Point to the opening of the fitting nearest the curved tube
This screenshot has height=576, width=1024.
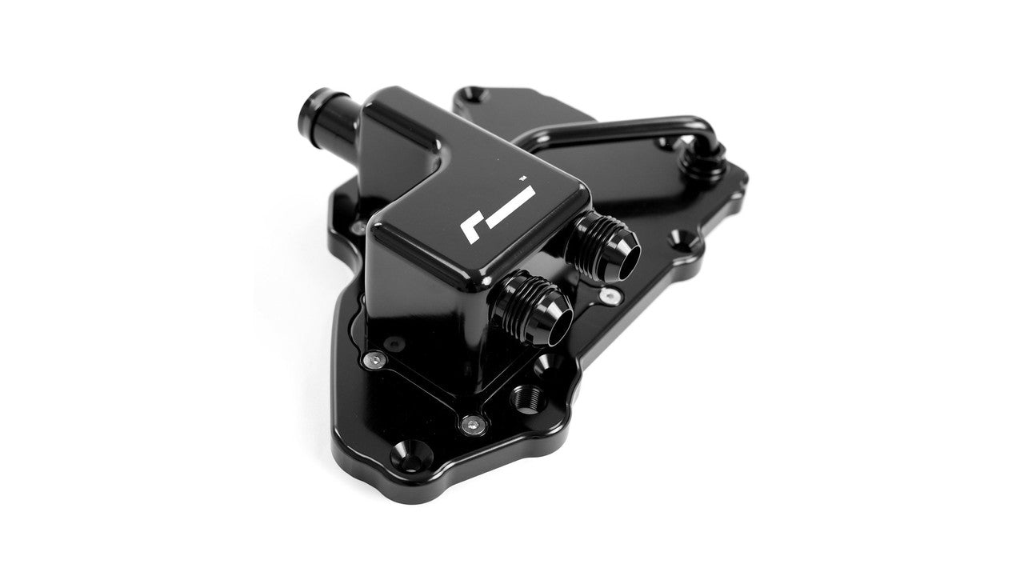point(626,258)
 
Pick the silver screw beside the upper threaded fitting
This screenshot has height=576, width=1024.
point(611,297)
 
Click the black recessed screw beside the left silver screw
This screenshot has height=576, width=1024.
point(398,342)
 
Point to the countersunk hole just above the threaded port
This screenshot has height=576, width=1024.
point(550,365)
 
